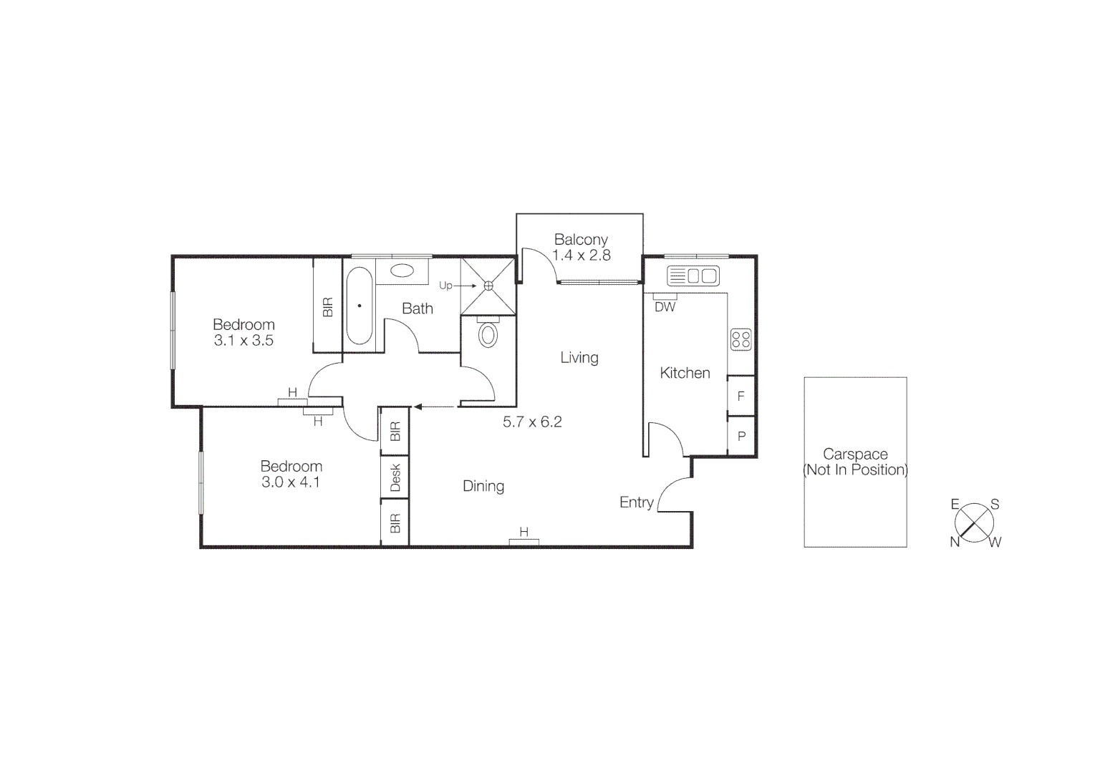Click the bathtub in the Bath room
click(359, 306)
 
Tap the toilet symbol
click(488, 334)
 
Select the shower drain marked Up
click(488, 286)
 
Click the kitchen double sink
click(693, 276)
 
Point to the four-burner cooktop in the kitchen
click(741, 339)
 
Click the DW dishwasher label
click(665, 307)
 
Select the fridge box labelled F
click(741, 396)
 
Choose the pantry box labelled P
click(741, 436)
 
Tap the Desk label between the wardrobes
click(395, 477)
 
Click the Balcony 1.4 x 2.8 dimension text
click(581, 255)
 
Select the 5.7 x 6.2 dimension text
click(532, 422)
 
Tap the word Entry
click(636, 502)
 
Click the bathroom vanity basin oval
click(402, 271)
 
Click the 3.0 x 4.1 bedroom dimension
click(291, 482)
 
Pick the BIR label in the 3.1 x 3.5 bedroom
click(328, 306)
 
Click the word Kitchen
click(685, 373)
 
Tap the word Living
click(579, 357)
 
